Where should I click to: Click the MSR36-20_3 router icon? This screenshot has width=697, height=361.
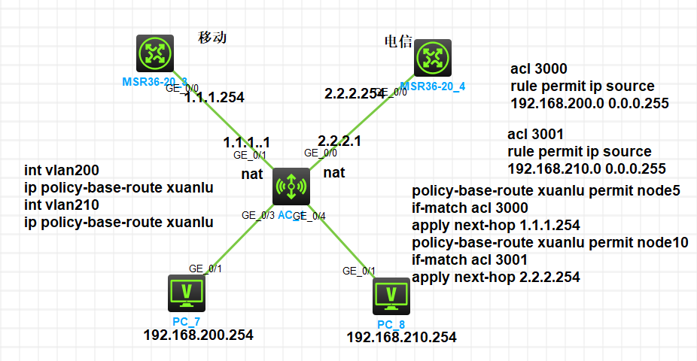click(x=155, y=54)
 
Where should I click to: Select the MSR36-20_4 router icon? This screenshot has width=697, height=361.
click(x=432, y=59)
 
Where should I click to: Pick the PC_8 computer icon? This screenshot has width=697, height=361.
click(x=391, y=296)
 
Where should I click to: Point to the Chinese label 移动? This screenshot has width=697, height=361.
click(x=212, y=37)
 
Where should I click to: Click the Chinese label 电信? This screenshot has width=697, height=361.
click(x=398, y=42)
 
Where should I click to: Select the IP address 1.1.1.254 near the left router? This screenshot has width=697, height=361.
click(x=215, y=97)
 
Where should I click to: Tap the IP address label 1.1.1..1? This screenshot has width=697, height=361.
click(x=246, y=142)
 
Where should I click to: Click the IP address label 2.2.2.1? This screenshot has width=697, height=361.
click(x=339, y=141)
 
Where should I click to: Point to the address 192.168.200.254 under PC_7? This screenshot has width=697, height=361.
click(x=198, y=335)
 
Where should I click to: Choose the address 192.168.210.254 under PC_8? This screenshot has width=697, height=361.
click(x=401, y=338)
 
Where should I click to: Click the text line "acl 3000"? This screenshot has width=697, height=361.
click(x=539, y=68)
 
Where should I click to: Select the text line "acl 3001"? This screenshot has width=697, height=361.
click(x=536, y=135)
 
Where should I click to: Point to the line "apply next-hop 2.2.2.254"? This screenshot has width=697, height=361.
click(x=496, y=277)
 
